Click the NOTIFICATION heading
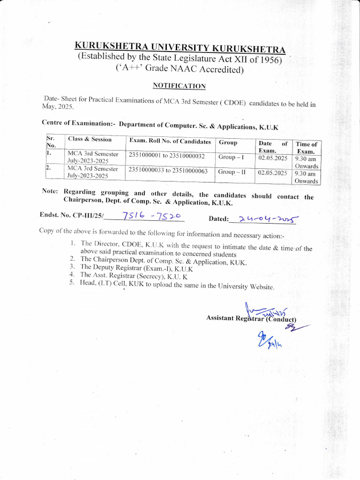point(179,86)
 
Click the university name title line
point(180,48)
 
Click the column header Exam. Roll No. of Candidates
point(170,141)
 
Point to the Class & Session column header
point(90,139)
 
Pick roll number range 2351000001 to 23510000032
point(166,156)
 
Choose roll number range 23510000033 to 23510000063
point(168,171)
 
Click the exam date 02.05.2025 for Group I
point(272,158)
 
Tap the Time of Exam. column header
point(307,148)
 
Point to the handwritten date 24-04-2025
point(269,218)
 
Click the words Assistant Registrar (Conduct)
point(251,319)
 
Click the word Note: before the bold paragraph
point(50,191)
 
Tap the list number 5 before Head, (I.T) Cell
point(72,283)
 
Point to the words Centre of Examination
point(77,123)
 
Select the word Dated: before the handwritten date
point(218,219)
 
